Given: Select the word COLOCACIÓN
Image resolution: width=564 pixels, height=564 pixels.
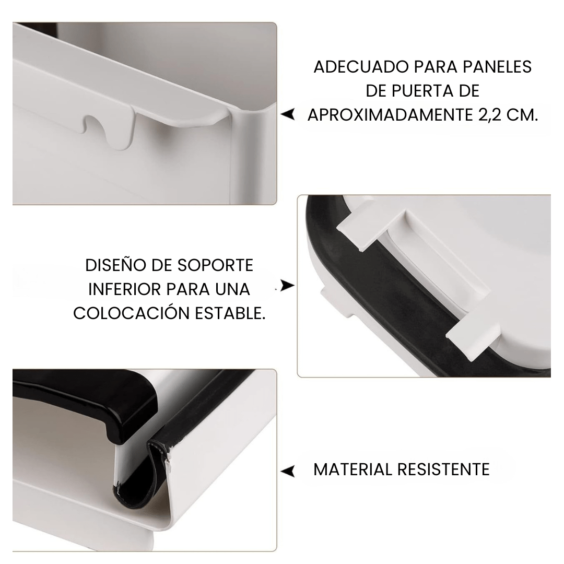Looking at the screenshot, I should pyautogui.click(x=131, y=313).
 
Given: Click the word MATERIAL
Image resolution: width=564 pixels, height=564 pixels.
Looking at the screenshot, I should pyautogui.click(x=353, y=469).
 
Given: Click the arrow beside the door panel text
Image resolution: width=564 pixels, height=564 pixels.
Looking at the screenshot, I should pyautogui.click(x=287, y=114).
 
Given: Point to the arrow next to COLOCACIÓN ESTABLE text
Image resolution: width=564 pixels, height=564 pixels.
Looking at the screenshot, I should pyautogui.click(x=287, y=286).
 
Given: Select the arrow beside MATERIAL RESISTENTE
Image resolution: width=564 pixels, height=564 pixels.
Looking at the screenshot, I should pyautogui.click(x=287, y=471).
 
